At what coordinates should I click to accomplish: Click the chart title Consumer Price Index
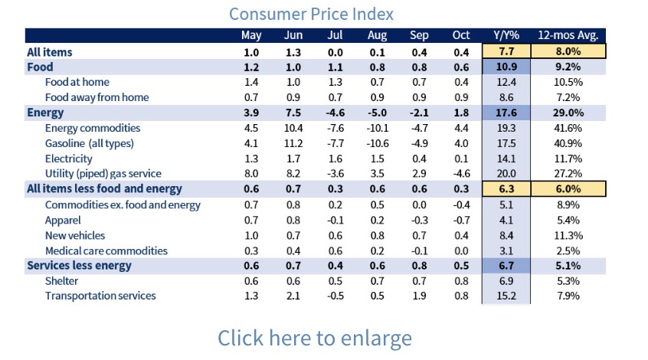pyautogui.click(x=311, y=14)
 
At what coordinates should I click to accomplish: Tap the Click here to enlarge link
pyautogui.click(x=314, y=338)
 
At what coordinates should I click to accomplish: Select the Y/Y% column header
pyautogui.click(x=507, y=36)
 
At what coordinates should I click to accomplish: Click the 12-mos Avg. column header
pyautogui.click(x=568, y=36)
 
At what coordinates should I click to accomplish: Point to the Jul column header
pyautogui.click(x=335, y=36)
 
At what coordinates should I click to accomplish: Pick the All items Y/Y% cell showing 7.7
pyautogui.click(x=507, y=52)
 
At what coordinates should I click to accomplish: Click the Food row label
pyautogui.click(x=40, y=67)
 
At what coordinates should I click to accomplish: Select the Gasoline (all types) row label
pyautogui.click(x=90, y=143)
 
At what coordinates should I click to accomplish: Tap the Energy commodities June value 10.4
pyautogui.click(x=293, y=128)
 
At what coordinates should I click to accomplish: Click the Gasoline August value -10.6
pyautogui.click(x=376, y=143)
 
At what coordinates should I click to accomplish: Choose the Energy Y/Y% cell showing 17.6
pyautogui.click(x=507, y=113)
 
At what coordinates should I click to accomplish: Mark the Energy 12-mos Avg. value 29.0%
pyautogui.click(x=568, y=113)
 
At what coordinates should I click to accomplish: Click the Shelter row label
pyautogui.click(x=63, y=280)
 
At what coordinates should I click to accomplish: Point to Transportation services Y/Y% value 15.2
pyautogui.click(x=507, y=296)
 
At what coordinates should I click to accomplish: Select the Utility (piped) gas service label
pyautogui.click(x=103, y=174)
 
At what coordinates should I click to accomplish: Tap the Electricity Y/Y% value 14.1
pyautogui.click(x=507, y=159)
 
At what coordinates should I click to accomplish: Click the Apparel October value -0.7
pyautogui.click(x=460, y=220)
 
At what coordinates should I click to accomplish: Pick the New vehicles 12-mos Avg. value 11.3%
pyautogui.click(x=568, y=235)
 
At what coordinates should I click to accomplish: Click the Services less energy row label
pyautogui.click(x=79, y=266)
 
